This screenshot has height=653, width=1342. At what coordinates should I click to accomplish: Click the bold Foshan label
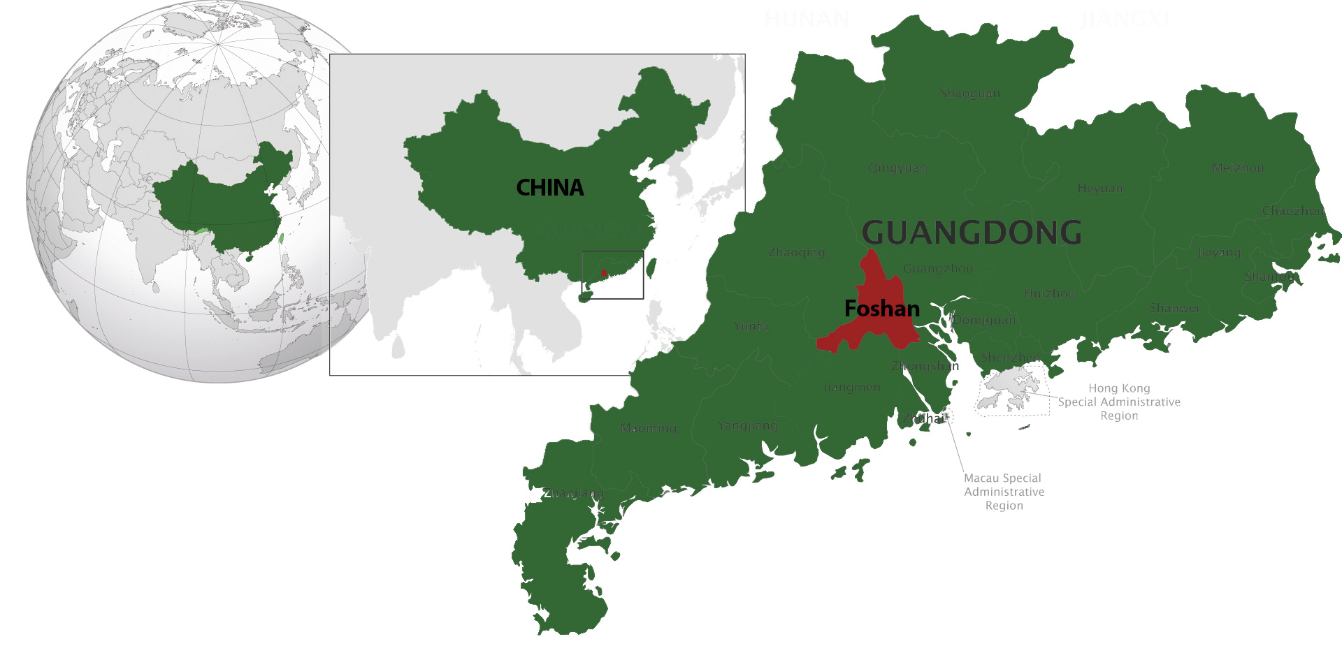point(882,309)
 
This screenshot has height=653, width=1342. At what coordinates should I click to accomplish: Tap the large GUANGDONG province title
point(972,233)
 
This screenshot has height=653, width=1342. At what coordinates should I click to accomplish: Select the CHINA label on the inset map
point(549,187)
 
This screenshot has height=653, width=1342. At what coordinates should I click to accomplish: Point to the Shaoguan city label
point(969,94)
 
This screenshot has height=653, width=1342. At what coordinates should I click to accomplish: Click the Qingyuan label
point(897,168)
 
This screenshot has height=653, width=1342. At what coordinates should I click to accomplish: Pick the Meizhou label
point(1238,168)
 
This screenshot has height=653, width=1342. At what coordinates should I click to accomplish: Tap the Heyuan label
point(1100,189)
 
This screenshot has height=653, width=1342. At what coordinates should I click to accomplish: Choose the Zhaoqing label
point(796,253)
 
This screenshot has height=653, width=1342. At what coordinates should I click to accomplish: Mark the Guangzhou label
point(938,268)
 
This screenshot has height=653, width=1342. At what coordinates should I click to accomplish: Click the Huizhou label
point(1050,294)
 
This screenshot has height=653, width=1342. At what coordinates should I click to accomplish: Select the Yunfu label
point(751,326)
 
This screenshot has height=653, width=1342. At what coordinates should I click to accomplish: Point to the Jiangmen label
point(852,387)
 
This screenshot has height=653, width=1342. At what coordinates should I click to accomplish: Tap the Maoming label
point(649,428)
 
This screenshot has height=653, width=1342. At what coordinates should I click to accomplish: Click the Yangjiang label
point(747,425)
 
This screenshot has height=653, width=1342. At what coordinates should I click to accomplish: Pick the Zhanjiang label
point(574,493)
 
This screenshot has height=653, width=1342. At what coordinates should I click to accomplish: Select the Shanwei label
point(1174,308)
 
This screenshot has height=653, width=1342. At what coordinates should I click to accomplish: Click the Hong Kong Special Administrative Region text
point(1119,402)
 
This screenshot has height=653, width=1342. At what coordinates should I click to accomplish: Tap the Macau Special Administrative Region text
point(1004,492)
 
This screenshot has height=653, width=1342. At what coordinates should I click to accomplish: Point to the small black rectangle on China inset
point(612,275)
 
